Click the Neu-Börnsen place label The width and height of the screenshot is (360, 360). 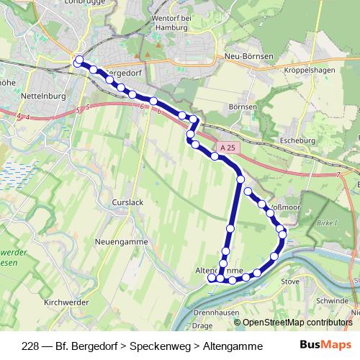coord(246,55)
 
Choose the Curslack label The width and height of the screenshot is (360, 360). coord(127,203)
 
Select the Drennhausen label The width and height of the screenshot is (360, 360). coord(216,312)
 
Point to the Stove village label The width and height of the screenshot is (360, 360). coord(289,282)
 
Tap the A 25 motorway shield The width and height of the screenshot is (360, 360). coord(228,148)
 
